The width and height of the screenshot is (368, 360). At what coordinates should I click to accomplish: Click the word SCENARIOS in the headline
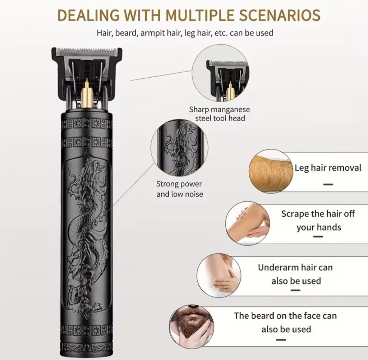coord(280,15)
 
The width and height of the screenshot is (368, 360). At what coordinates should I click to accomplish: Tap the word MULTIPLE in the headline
coord(200,15)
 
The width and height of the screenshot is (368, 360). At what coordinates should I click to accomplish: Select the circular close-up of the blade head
coord(220,73)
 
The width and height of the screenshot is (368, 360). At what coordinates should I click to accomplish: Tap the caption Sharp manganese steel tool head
coord(220,114)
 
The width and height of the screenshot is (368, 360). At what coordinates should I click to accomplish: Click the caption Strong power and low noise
coord(180,189)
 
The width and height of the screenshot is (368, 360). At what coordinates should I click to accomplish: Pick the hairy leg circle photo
coord(271,171)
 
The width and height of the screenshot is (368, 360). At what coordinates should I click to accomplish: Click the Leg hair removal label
coord(328,168)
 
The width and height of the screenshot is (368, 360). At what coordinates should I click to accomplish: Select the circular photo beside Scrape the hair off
coord(248,223)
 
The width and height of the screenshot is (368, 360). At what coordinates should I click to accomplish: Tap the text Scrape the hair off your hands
coord(318,220)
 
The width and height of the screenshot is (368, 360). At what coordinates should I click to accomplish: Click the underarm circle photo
coord(219,275)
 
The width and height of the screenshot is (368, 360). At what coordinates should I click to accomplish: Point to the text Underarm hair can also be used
coord(295,274)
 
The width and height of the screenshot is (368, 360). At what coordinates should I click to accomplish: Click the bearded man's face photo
coord(192,327)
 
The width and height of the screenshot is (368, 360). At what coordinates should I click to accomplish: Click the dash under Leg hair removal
coord(328,184)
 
